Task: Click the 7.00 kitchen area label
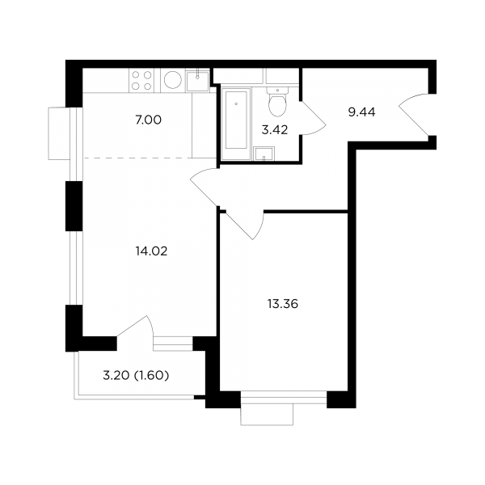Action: (x=149, y=120)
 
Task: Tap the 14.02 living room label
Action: (x=151, y=251)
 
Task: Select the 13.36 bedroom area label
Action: (x=283, y=304)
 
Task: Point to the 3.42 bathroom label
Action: (x=275, y=130)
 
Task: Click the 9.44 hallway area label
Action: (x=361, y=112)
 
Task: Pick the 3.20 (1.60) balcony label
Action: (x=136, y=376)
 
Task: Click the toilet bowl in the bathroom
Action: (x=277, y=102)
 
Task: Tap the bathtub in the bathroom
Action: (x=236, y=124)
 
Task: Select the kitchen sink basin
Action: (x=197, y=81)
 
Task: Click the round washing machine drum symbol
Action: (x=173, y=80)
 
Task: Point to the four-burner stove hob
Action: (x=141, y=80)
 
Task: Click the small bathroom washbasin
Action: (x=264, y=154)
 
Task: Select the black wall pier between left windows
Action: (x=74, y=206)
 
